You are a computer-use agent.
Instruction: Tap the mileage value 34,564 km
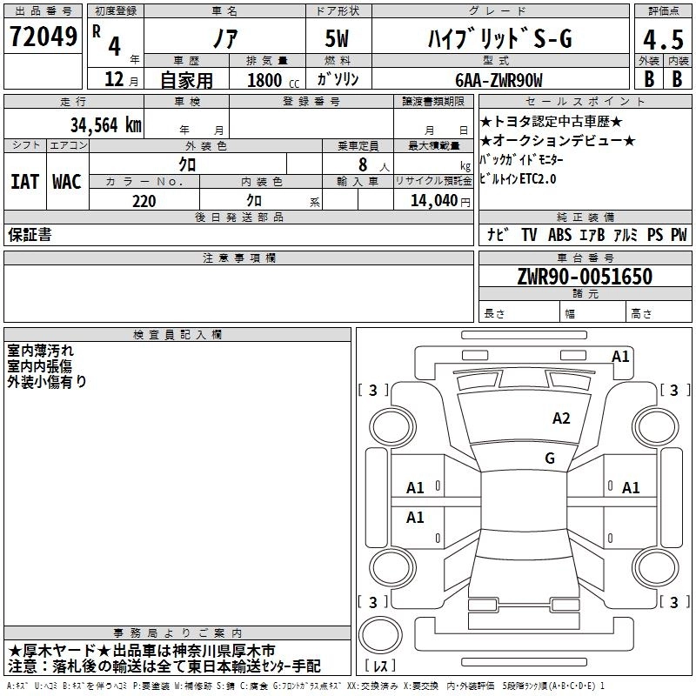tap(105, 124)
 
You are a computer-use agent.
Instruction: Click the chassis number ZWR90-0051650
tap(585, 277)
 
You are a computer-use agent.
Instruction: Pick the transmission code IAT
tap(24, 181)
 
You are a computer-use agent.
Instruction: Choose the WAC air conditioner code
tap(66, 181)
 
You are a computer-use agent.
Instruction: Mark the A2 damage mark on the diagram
tap(562, 418)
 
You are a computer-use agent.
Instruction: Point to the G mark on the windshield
tap(549, 458)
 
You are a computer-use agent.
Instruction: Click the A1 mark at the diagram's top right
tap(620, 356)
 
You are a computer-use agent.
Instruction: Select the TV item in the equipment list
tap(529, 235)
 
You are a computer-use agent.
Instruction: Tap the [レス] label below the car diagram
tap(384, 666)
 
